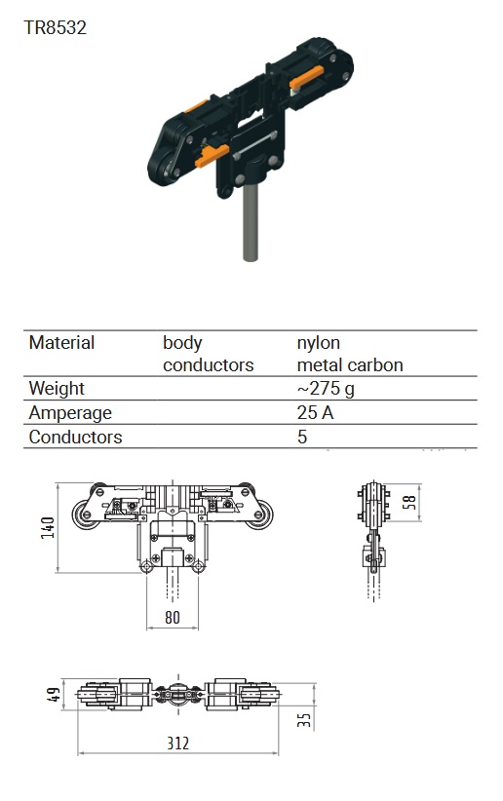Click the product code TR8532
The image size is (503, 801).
click(x=56, y=27)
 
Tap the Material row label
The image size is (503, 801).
click(x=61, y=342)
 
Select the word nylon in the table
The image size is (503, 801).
click(x=319, y=343)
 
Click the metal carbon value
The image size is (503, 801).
click(x=350, y=364)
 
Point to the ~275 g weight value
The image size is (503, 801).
click(x=326, y=389)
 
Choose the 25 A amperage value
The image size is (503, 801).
click(x=316, y=413)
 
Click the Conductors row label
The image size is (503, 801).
click(x=76, y=437)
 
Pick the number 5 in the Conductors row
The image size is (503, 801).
click(x=302, y=437)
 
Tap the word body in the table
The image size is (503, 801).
click(x=182, y=343)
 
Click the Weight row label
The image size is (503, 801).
click(x=57, y=389)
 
